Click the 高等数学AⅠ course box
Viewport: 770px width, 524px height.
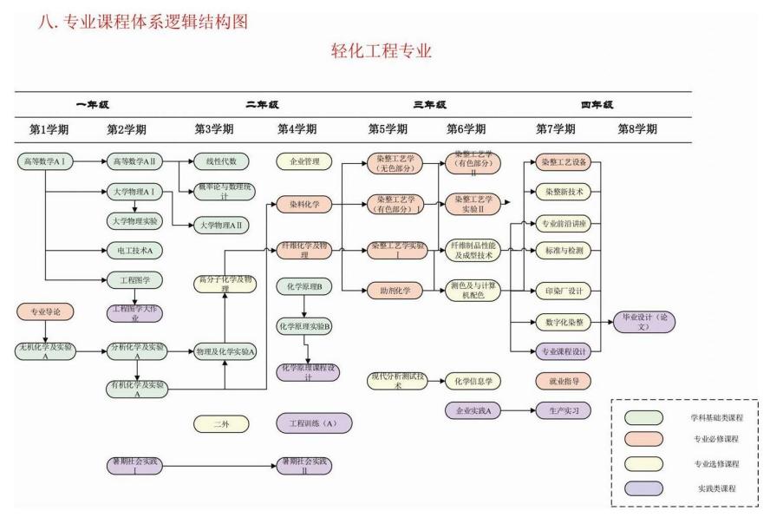pyautogui.click(x=44, y=161)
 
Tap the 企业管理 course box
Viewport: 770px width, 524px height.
pyautogui.click(x=303, y=161)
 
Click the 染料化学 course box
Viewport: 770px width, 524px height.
pyautogui.click(x=303, y=205)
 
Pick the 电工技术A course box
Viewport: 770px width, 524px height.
pyautogui.click(x=134, y=250)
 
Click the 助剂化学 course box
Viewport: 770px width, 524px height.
pyautogui.click(x=395, y=290)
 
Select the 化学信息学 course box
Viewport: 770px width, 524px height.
pyautogui.click(x=473, y=380)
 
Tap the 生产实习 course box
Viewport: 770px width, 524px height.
pyautogui.click(x=564, y=409)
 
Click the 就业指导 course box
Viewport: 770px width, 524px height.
pyautogui.click(x=564, y=380)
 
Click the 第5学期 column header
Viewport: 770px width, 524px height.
pyautogui.click(x=388, y=129)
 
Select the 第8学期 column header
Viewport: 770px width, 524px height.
pyautogui.click(x=637, y=129)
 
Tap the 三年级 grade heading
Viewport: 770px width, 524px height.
pyautogui.click(x=429, y=105)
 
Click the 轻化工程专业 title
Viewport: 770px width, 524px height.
pyautogui.click(x=382, y=51)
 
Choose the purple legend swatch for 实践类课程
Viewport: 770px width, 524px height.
pyautogui.click(x=644, y=488)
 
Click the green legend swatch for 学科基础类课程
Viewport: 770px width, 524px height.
pyautogui.click(x=644, y=418)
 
